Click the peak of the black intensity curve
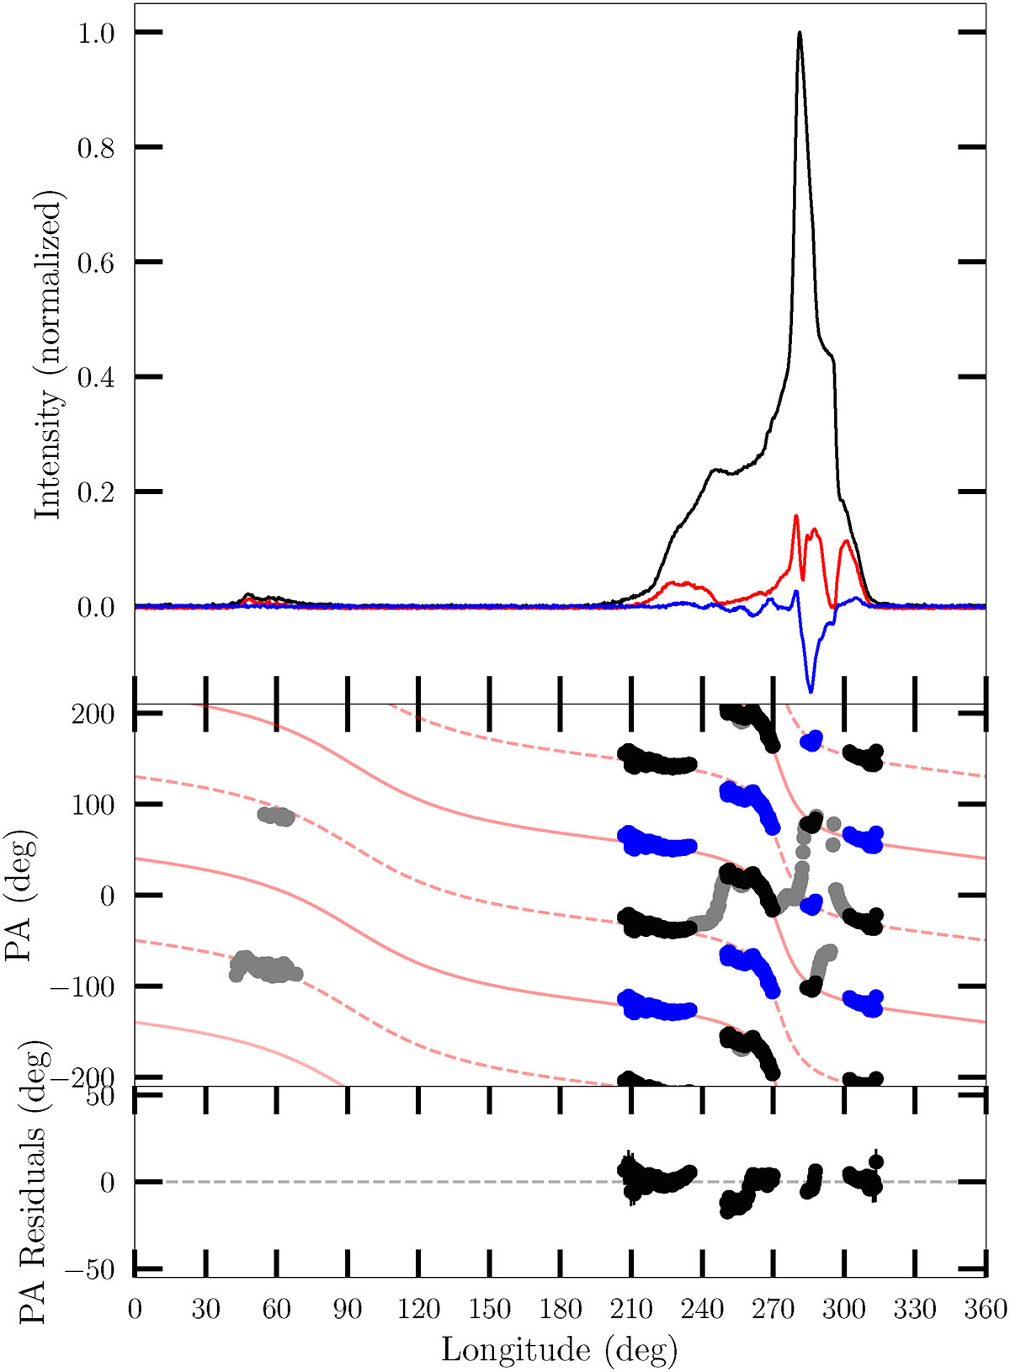(x=799, y=34)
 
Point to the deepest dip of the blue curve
(x=811, y=691)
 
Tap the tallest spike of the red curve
(x=795, y=516)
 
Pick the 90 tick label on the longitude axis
(x=348, y=1310)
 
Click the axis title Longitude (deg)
(x=559, y=1349)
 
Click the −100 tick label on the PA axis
(x=82, y=986)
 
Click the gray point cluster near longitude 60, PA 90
(x=276, y=816)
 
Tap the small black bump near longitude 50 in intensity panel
(x=249, y=595)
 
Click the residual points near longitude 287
(x=811, y=1182)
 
